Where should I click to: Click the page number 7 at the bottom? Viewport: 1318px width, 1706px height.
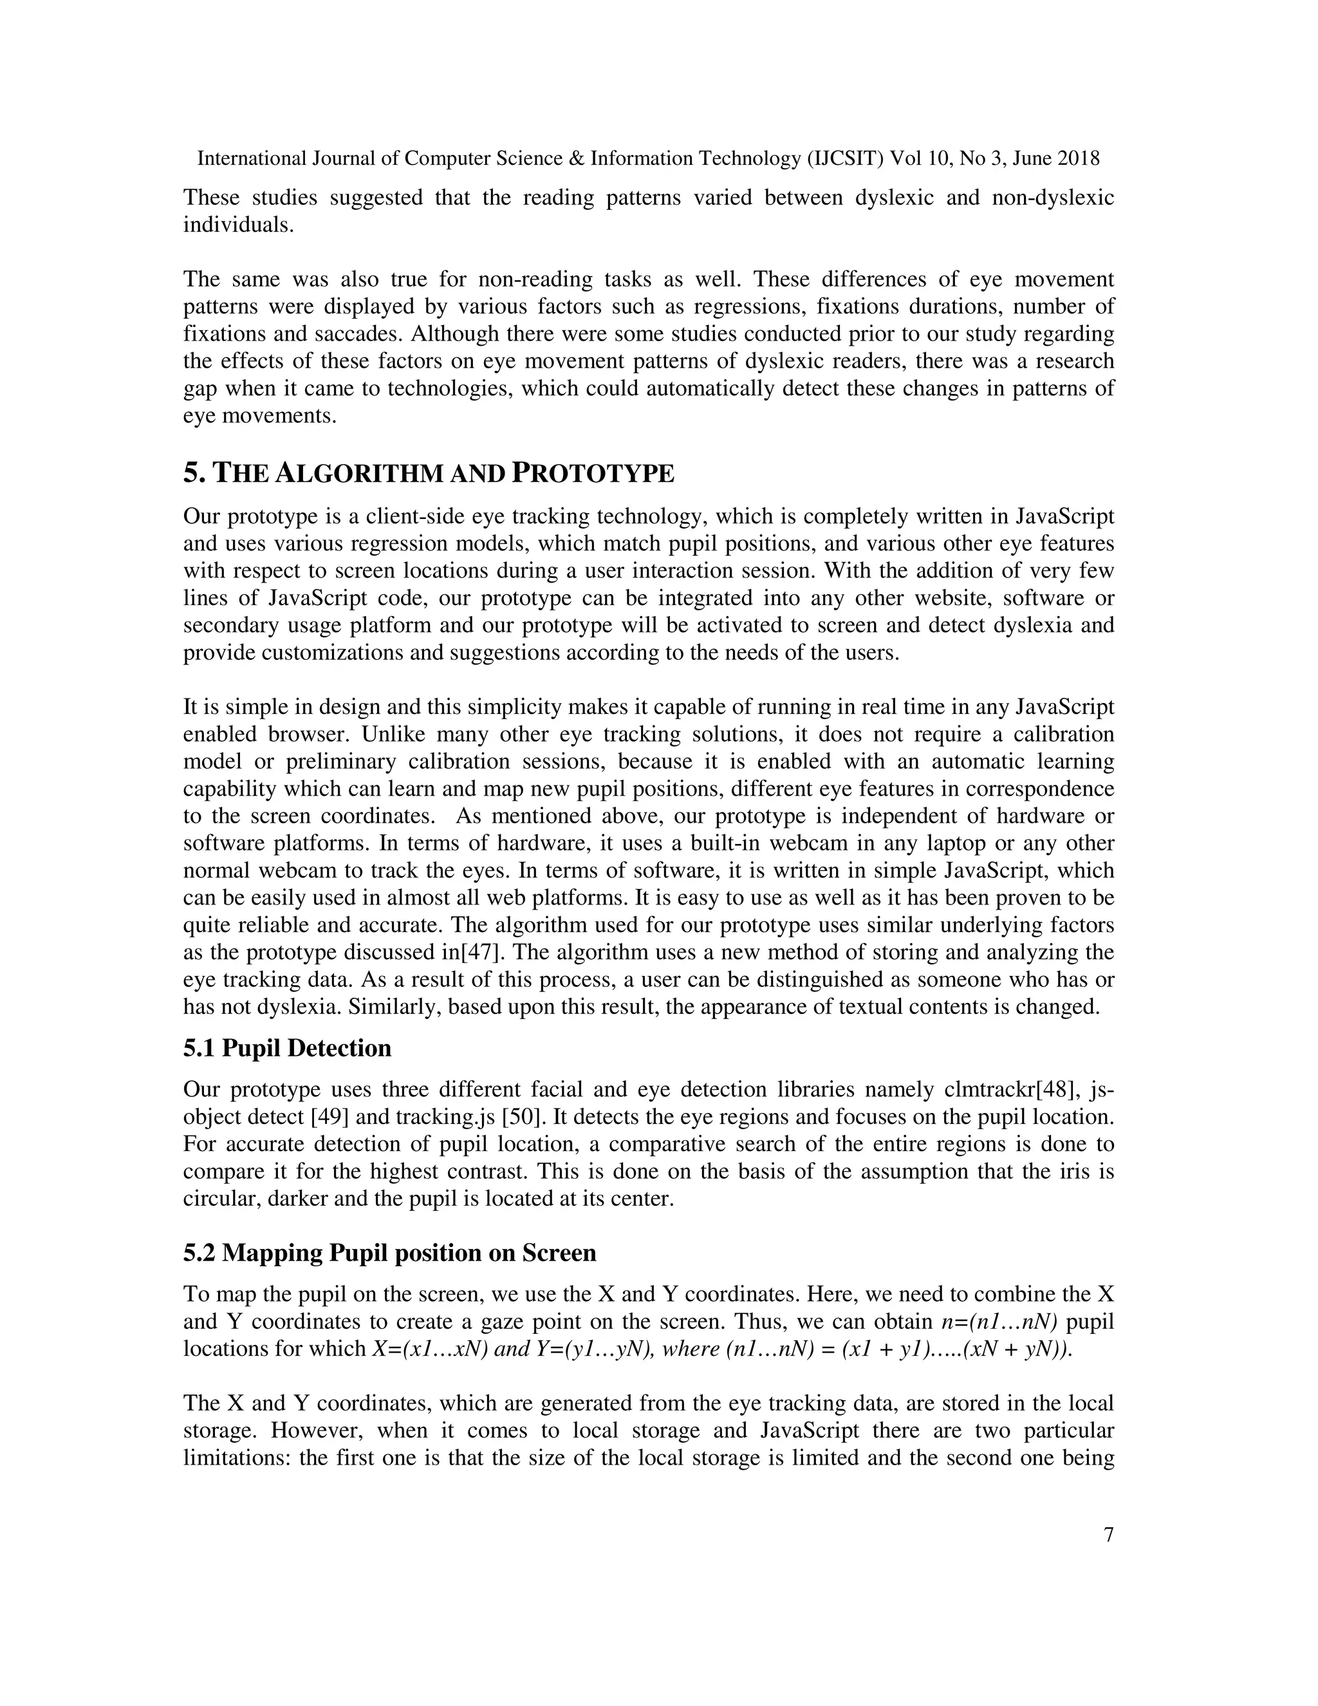click(x=1108, y=1535)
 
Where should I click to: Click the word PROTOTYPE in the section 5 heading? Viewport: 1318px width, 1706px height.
click(x=593, y=473)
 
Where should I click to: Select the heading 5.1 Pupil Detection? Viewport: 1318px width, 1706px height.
click(x=286, y=1047)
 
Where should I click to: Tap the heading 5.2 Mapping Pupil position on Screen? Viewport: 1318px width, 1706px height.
click(x=389, y=1253)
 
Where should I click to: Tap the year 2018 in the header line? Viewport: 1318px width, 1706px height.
click(x=1079, y=158)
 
